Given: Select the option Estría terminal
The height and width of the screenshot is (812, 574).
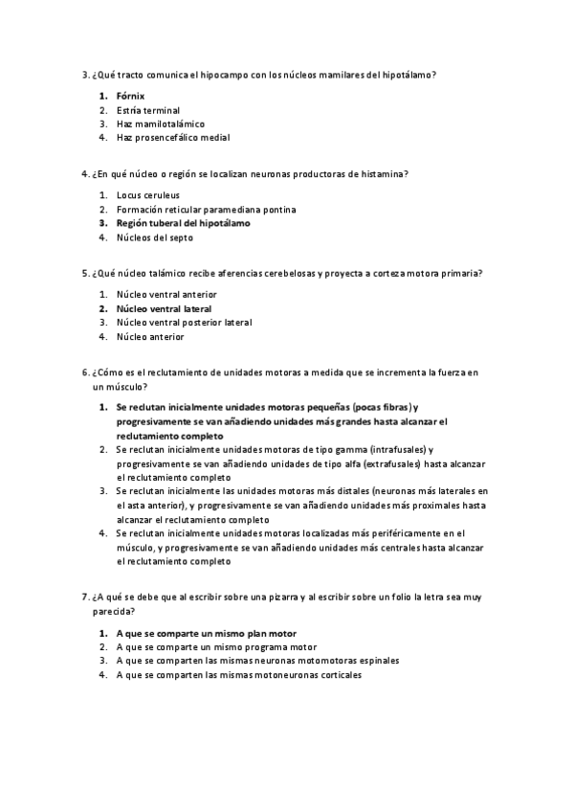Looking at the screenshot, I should coord(147,110).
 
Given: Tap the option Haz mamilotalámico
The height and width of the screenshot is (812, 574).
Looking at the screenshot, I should coord(159,124).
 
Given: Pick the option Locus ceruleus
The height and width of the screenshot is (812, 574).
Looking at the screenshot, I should coord(147,195).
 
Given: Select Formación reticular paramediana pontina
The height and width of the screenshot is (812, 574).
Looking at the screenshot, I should coord(206,209).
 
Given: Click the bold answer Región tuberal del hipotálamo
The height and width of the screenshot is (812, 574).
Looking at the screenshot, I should coord(183,222).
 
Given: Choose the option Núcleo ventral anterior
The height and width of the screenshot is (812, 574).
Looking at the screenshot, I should coord(166,294).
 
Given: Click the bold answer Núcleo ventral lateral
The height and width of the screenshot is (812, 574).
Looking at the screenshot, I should coord(164,309).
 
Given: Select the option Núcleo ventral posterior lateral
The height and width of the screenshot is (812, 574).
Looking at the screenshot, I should coord(184,323).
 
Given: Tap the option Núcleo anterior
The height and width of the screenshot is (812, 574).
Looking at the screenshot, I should coord(150,336).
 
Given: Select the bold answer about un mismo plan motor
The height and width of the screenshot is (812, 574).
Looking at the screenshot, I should coord(206,633).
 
